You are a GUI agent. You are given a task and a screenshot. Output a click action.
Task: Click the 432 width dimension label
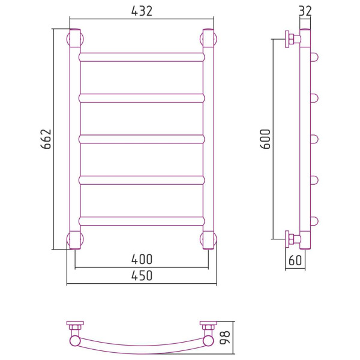(142, 11)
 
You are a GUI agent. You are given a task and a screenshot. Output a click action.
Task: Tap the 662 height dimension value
(46, 139)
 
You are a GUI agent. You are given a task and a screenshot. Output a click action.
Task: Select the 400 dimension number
(142, 259)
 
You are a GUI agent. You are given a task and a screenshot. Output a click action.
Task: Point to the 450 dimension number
(142, 275)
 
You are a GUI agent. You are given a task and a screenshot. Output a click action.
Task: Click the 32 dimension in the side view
(305, 11)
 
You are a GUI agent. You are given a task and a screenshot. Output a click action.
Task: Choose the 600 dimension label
(265, 139)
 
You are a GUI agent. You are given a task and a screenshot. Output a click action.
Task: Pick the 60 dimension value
(295, 260)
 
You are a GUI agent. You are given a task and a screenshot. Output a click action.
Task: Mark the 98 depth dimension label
(225, 337)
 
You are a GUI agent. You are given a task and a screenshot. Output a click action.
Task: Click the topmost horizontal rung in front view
(142, 57)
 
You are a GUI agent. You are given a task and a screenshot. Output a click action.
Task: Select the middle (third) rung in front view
(142, 139)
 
